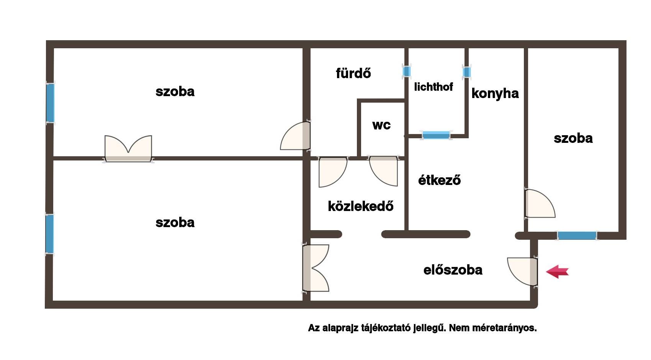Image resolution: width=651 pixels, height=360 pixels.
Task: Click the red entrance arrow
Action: [557, 272]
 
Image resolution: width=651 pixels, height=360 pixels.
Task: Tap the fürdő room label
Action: [353, 73]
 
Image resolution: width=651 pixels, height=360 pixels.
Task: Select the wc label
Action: [381, 125]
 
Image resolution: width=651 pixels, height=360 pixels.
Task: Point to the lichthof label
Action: [433, 87]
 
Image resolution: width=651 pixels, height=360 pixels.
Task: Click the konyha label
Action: [495, 93]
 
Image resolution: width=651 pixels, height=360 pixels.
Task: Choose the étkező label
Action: [440, 180]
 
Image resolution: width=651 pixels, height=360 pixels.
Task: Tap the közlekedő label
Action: [361, 206]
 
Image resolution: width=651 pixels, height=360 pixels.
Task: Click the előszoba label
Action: [453, 270]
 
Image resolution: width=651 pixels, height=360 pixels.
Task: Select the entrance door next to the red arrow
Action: [522, 272]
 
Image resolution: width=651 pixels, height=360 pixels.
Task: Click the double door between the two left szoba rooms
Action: [128, 149]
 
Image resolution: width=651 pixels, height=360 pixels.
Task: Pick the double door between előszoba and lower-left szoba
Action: [316, 268]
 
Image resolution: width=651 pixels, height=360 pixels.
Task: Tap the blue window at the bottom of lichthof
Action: [436, 135]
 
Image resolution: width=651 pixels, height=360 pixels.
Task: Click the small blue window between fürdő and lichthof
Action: [407, 71]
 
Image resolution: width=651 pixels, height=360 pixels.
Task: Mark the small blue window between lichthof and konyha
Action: [467, 72]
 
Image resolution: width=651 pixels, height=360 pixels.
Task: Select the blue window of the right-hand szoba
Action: [577, 236]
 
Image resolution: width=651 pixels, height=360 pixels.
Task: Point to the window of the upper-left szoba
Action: [50, 103]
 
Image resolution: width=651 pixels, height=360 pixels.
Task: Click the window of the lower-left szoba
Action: [49, 234]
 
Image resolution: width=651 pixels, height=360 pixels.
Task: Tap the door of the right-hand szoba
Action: [540, 203]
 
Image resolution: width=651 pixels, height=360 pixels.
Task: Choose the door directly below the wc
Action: [383, 171]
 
